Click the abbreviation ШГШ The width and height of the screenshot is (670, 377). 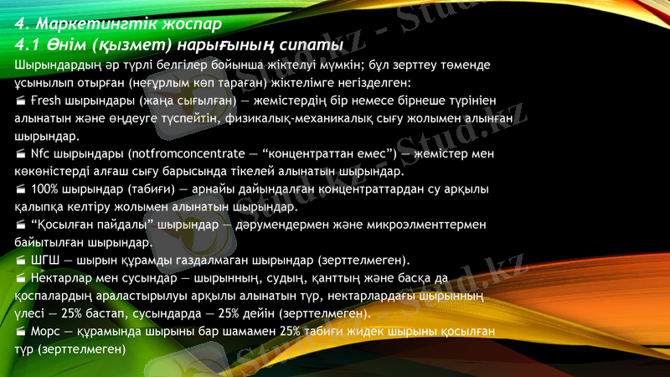[x=45, y=260]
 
